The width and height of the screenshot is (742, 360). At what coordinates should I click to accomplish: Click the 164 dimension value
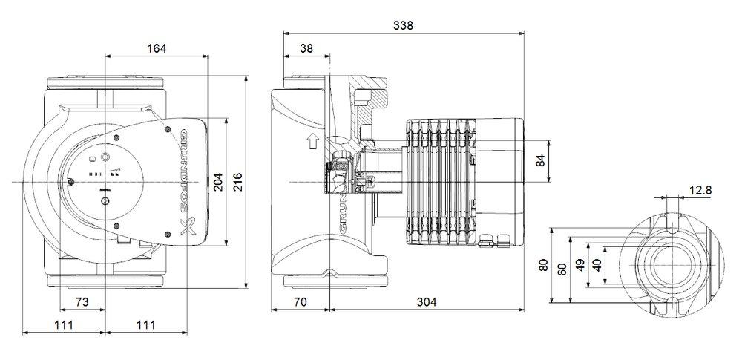pos(157,48)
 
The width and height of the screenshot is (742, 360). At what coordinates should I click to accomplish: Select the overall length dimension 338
pos(403,25)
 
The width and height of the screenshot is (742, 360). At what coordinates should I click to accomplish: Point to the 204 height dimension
pos(218,181)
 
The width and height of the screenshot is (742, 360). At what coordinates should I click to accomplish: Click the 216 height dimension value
pos(237,181)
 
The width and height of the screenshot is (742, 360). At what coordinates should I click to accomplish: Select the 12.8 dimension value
pos(700,191)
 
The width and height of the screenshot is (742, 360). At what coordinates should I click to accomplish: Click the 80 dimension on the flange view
pos(544,265)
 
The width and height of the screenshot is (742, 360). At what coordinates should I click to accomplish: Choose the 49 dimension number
pos(580,266)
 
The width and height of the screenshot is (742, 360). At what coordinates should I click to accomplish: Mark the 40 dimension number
pos(598,266)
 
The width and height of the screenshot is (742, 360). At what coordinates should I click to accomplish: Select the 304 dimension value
pos(425,302)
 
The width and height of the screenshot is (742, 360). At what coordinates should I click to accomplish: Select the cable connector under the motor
pos(493,239)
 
